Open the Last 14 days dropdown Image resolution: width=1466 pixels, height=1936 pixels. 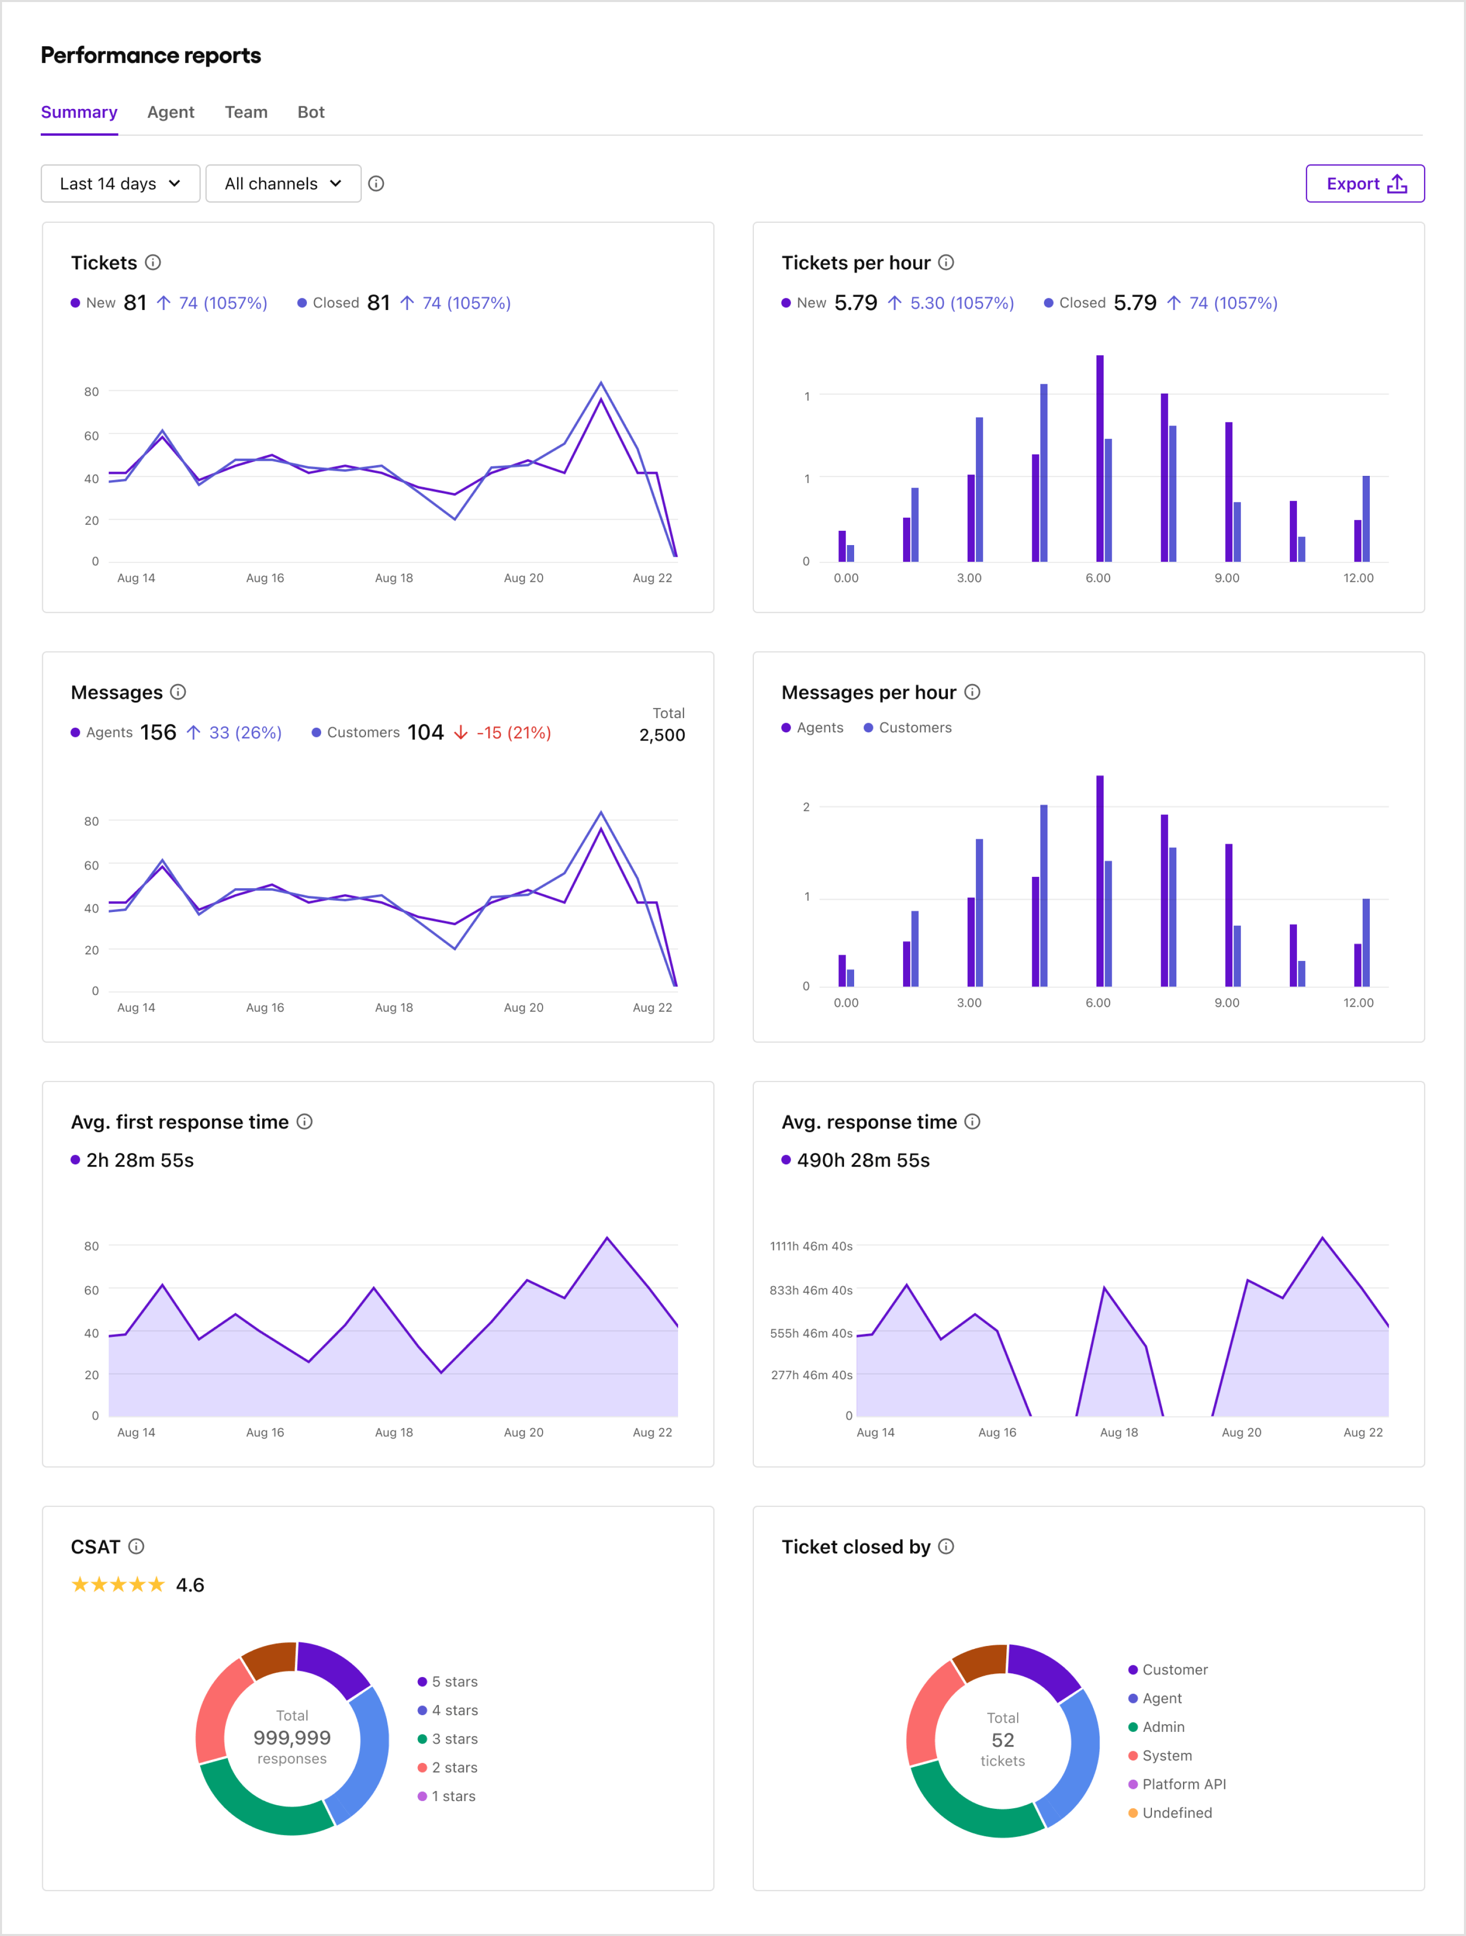(x=120, y=184)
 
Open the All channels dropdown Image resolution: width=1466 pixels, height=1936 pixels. (x=283, y=184)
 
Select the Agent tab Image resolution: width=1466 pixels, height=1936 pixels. (x=171, y=112)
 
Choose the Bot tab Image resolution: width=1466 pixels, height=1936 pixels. (x=311, y=112)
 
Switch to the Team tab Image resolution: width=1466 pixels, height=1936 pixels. (x=246, y=112)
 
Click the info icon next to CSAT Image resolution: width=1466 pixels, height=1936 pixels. (x=136, y=1547)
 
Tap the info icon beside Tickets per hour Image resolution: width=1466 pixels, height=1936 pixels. (x=946, y=263)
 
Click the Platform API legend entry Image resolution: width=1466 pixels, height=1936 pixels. (x=1183, y=1784)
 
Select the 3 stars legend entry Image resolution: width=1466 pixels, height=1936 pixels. (x=454, y=1738)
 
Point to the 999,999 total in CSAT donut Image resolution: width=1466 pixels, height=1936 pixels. (x=292, y=1738)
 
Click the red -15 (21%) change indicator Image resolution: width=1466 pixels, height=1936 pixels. (x=513, y=732)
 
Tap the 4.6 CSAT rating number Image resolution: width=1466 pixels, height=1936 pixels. (x=190, y=1585)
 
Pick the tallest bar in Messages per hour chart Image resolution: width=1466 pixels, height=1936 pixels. (x=1099, y=879)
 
